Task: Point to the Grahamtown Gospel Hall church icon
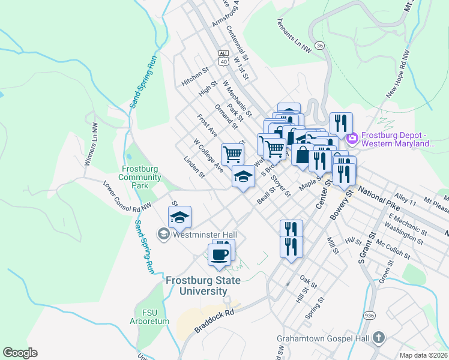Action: point(378,338)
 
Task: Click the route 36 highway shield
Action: point(320,46)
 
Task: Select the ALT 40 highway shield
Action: point(223,57)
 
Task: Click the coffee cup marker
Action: point(219,254)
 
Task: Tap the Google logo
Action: point(20,353)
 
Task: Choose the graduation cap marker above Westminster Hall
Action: point(179,218)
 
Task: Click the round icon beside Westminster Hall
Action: point(164,234)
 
